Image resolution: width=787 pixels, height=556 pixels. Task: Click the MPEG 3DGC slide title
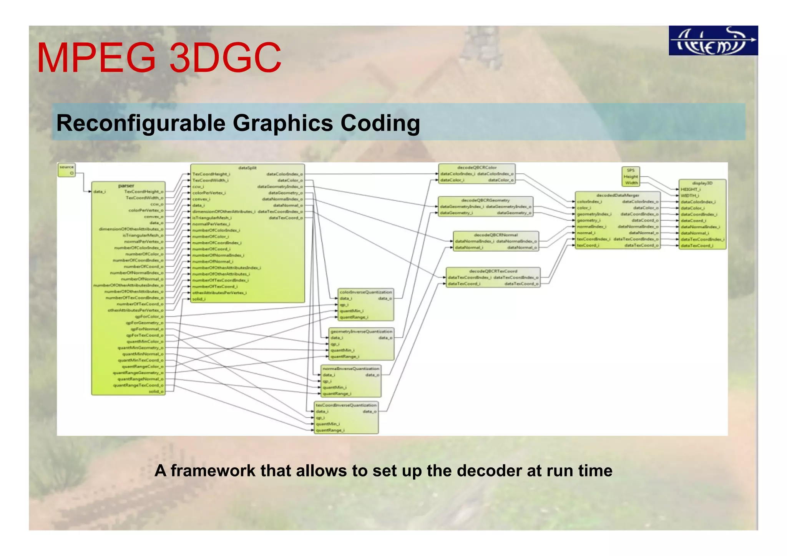click(x=159, y=58)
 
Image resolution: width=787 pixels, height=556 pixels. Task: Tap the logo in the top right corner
click(x=713, y=41)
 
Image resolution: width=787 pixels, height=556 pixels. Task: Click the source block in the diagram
click(x=66, y=170)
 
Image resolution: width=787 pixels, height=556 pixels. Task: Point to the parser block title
click(x=126, y=186)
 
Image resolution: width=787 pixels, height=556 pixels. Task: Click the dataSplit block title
click(x=247, y=168)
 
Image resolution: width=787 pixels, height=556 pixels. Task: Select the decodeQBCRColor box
click(x=477, y=174)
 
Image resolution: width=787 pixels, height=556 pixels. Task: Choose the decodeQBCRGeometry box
click(x=485, y=207)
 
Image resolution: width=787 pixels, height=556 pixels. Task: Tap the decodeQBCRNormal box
click(x=496, y=241)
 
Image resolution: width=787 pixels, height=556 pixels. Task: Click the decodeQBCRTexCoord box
click(x=493, y=277)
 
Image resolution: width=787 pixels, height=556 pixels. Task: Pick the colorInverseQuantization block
click(x=365, y=305)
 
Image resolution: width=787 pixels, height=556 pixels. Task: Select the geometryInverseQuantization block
click(x=361, y=344)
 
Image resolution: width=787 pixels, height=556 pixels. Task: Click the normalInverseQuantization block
click(x=350, y=381)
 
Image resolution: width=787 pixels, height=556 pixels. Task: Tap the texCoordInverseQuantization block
click(x=346, y=418)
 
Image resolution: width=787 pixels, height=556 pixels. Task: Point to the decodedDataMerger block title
click(x=618, y=195)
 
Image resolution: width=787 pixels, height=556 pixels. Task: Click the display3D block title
click(x=702, y=183)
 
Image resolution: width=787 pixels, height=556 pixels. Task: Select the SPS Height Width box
click(x=631, y=176)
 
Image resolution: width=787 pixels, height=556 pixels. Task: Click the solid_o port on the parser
click(x=156, y=392)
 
